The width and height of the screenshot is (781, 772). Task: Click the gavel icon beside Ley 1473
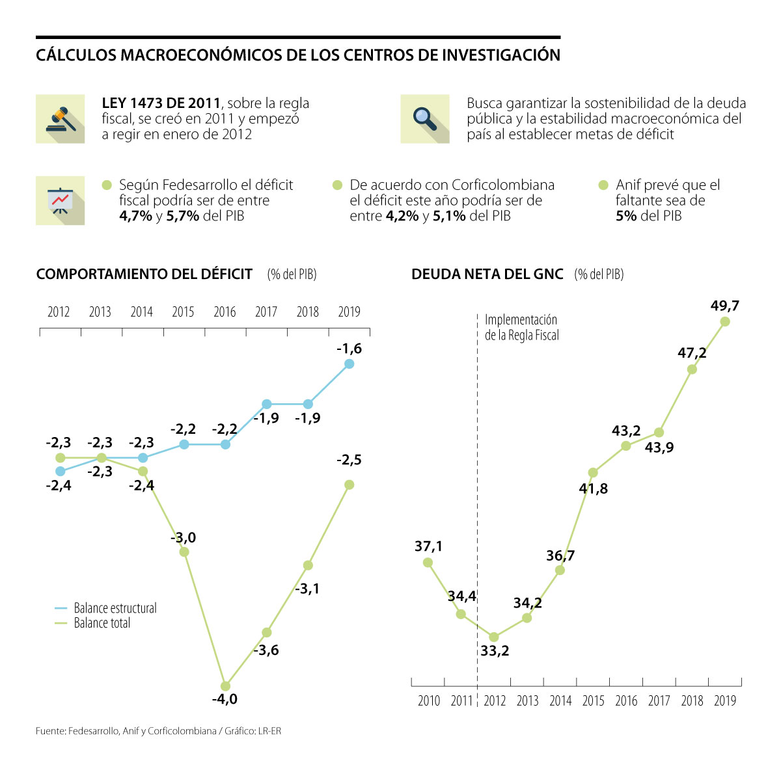61,119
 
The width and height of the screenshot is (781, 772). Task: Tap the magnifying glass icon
424,119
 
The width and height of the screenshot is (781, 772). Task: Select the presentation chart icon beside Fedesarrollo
61,200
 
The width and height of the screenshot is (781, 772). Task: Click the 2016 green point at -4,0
225,685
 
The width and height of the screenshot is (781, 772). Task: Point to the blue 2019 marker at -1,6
349,364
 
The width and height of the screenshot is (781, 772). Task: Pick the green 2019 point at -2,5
349,485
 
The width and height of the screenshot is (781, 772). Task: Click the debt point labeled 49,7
725,321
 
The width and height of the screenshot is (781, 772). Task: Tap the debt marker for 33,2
493,637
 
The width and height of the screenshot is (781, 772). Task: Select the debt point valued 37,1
428,563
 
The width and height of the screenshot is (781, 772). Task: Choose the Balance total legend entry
102,623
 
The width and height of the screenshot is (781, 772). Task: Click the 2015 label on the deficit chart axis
183,312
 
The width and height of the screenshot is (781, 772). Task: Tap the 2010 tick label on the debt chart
429,700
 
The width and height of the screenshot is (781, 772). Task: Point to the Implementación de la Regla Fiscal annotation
521,328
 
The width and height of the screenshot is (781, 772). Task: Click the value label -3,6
266,650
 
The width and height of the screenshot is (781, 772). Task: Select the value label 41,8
593,488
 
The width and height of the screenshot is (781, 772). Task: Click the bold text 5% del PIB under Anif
648,216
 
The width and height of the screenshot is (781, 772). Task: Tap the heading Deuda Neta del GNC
487,274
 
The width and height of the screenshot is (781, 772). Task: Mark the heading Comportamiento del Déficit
144,274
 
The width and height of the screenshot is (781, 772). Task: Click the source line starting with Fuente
158,731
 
